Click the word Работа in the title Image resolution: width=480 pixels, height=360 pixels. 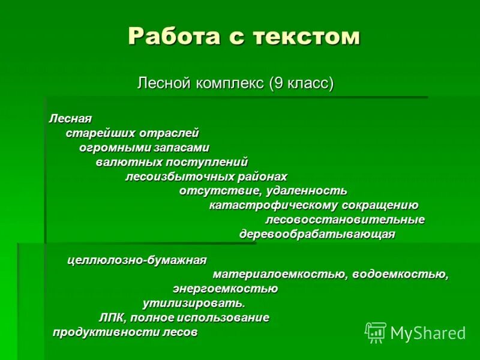point(169,37)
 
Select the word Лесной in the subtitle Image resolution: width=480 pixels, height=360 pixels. point(164,82)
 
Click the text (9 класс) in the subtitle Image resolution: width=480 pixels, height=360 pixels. point(301,82)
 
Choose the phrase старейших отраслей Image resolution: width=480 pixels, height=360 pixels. point(132,133)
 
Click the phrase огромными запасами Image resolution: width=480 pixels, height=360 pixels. point(145,148)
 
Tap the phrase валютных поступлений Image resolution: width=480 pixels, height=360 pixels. point(172,162)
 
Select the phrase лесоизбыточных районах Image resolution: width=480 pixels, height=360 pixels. point(206,176)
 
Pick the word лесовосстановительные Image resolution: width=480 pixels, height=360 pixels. point(345,220)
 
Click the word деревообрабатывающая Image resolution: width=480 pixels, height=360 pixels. point(317,234)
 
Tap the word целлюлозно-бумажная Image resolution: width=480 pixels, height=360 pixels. point(137,260)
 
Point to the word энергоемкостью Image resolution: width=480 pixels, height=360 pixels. point(225,289)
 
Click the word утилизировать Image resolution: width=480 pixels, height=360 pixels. point(194,303)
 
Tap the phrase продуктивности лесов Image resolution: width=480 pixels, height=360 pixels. point(125,332)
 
